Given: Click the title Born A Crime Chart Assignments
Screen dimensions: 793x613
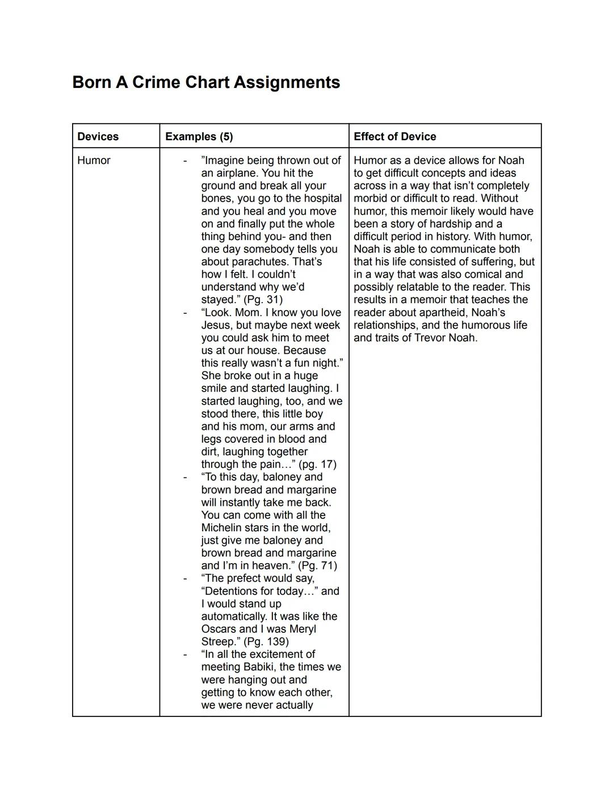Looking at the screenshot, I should (206, 82).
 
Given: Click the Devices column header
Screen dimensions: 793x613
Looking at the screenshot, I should (98, 136).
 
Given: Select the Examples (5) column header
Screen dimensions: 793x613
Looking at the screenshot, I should (199, 136).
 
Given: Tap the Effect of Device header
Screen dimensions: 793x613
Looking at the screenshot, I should (394, 136).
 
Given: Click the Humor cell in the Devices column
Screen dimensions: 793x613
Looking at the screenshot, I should (94, 160).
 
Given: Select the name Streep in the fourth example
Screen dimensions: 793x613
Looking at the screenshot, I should (219, 641).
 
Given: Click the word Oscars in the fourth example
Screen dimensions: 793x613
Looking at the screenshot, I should (219, 629).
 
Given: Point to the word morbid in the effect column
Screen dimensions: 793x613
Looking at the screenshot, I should (371, 198).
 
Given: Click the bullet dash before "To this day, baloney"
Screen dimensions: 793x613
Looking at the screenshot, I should (184, 477).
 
